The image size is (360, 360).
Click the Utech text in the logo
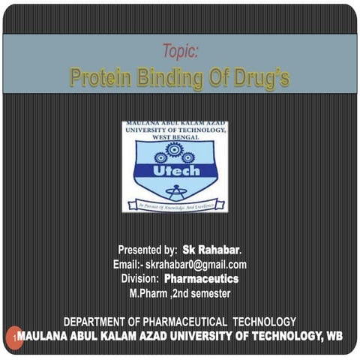point(175,171)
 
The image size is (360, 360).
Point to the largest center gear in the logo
point(174,150)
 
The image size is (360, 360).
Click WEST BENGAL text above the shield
point(175,139)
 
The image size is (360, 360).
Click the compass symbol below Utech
point(175,190)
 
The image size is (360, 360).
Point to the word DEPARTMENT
point(102,321)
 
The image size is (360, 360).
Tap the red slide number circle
point(13,337)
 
